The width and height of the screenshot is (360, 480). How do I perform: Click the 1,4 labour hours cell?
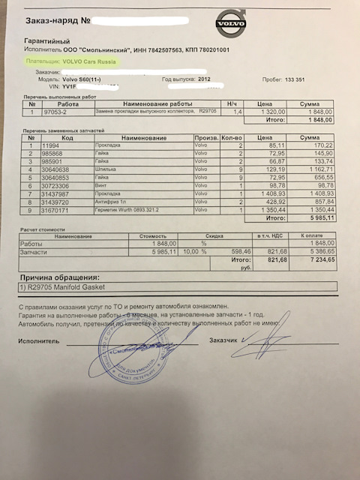238,110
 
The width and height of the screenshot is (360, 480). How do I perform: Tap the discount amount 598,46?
241,252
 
